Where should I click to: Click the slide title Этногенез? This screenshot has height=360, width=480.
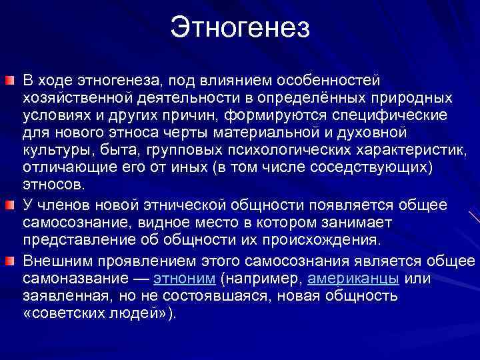click(x=240, y=27)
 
